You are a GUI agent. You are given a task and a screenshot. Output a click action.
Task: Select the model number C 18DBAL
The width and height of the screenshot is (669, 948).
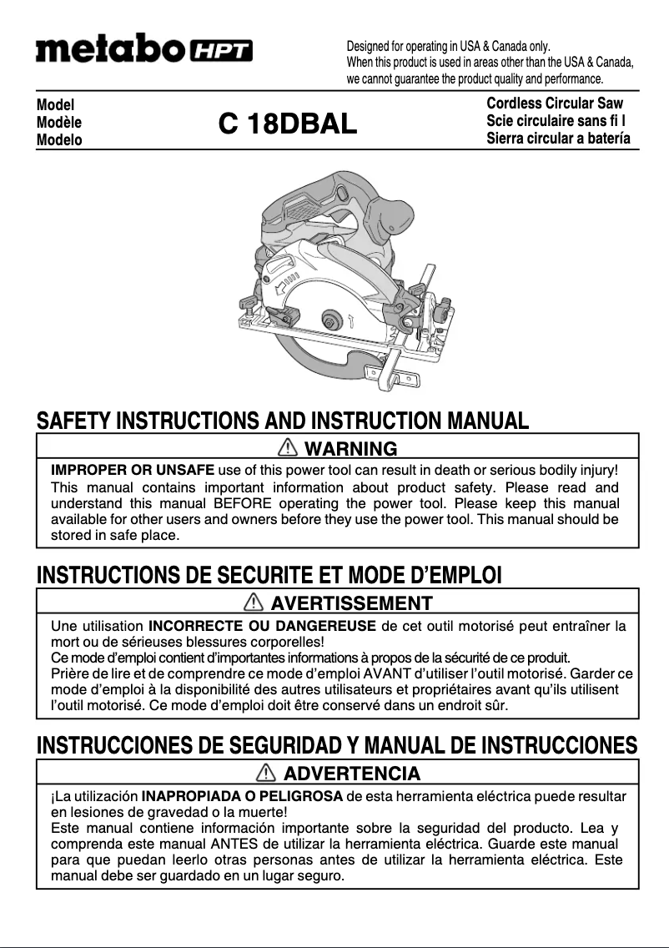tap(288, 124)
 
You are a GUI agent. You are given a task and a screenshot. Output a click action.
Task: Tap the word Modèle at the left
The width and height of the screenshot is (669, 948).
tap(59, 123)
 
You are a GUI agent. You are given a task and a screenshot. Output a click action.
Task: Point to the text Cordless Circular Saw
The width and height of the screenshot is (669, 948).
tap(555, 104)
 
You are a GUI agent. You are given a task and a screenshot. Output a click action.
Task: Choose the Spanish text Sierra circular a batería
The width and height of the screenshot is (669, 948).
tap(558, 139)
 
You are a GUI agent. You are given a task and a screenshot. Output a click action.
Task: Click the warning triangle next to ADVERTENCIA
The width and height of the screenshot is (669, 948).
tap(268, 773)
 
